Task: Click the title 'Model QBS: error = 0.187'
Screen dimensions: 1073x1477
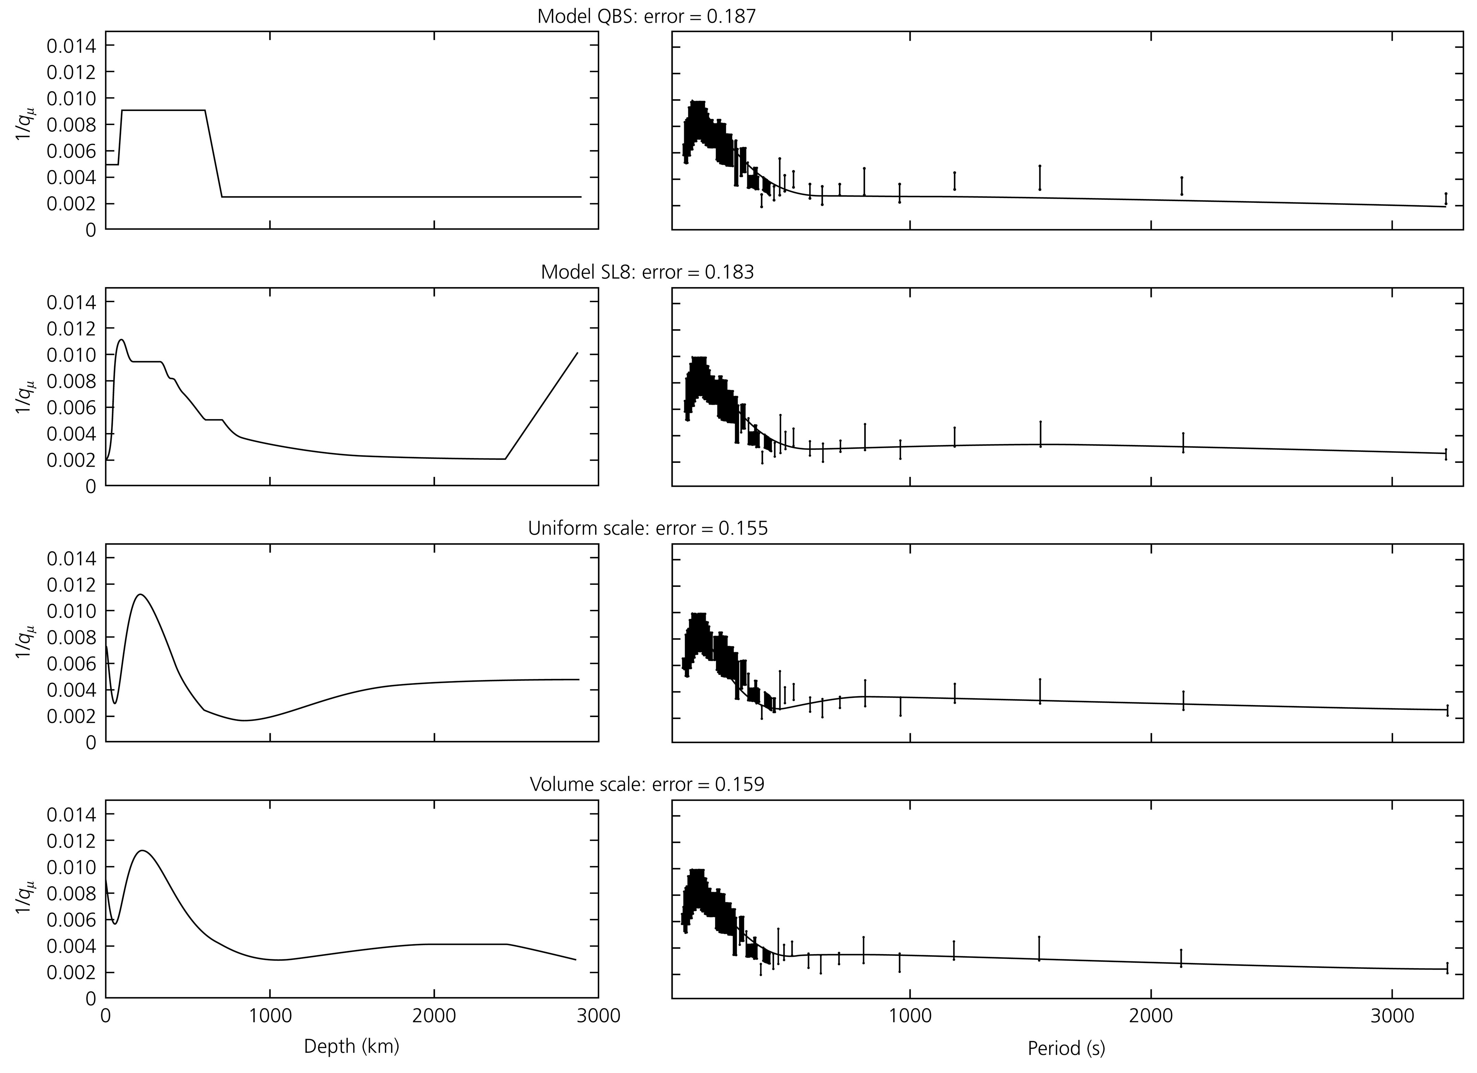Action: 646,16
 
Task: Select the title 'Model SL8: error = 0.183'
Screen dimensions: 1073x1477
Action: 647,272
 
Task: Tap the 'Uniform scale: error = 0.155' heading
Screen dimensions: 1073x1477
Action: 647,528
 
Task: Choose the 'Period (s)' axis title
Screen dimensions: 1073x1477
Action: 1066,1048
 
